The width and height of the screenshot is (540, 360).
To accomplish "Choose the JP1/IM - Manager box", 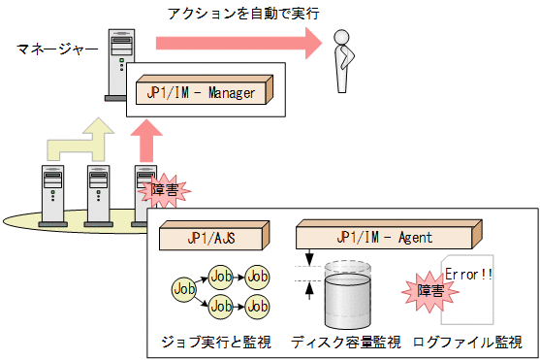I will pos(204,92).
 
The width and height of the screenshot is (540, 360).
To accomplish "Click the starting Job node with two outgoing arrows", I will pos(183,288).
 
